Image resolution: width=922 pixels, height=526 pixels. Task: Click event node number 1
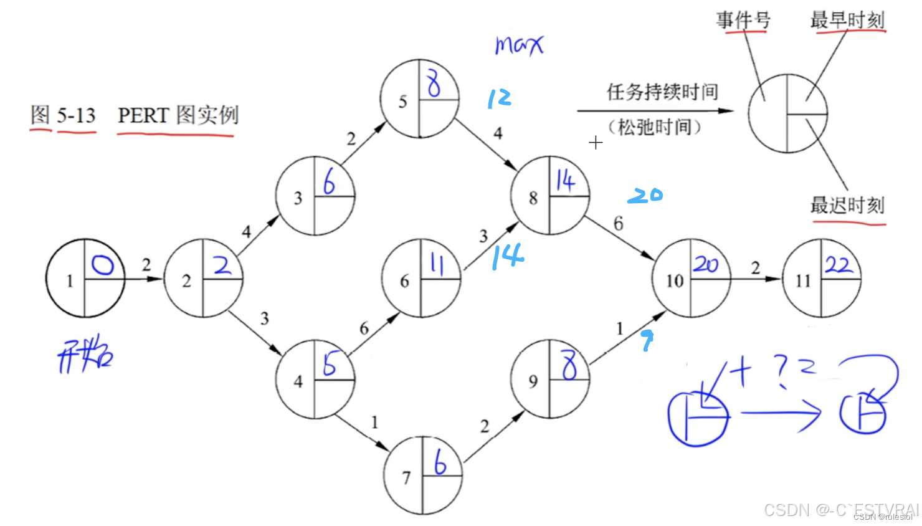tap(85, 278)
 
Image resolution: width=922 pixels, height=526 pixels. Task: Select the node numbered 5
tap(419, 99)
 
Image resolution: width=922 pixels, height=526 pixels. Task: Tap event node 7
tap(423, 476)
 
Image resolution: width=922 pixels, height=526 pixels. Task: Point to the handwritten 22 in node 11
tap(839, 265)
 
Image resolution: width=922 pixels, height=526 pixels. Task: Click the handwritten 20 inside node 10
tap(706, 264)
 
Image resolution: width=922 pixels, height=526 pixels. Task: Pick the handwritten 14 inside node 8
tap(565, 181)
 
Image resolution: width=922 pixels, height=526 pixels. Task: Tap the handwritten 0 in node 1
tap(103, 265)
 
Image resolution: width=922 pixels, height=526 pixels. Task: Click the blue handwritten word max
tap(519, 45)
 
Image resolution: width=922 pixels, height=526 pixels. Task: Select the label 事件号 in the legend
tap(743, 20)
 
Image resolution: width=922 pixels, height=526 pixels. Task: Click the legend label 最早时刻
tap(847, 20)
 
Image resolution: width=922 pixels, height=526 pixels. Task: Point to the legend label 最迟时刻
tap(847, 205)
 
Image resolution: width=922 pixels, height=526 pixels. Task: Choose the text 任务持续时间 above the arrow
tap(662, 92)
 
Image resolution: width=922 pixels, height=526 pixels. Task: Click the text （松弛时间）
tap(655, 127)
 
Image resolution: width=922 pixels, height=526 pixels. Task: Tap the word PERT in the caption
tap(143, 115)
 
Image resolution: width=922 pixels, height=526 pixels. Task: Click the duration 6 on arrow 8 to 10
tap(618, 223)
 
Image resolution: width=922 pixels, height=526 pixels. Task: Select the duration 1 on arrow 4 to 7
tap(374, 422)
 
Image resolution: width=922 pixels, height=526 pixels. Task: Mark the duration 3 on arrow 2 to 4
tap(264, 318)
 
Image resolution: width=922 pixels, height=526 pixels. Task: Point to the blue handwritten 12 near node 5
tap(499, 98)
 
